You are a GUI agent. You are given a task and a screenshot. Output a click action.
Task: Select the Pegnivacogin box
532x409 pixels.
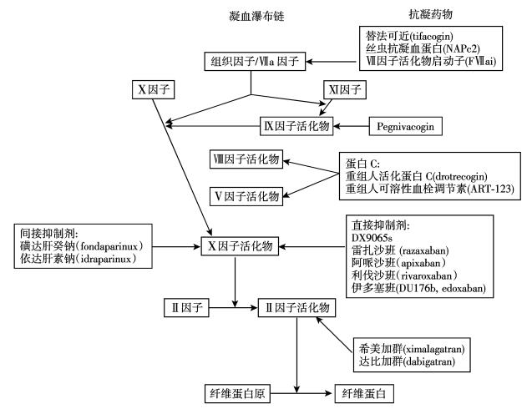tap(406, 126)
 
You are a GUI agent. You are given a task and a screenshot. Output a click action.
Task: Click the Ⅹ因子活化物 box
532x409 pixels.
tap(239, 248)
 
